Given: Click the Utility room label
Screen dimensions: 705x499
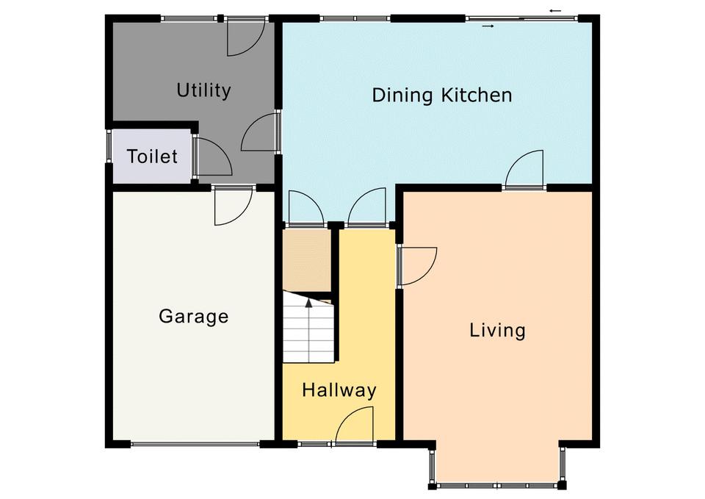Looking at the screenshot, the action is [x=203, y=90].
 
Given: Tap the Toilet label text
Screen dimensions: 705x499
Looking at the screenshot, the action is [x=152, y=157].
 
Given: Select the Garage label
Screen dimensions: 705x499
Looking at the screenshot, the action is [x=194, y=316].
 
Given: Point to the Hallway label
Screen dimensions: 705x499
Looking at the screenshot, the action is [x=339, y=389].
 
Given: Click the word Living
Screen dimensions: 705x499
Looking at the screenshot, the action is [x=498, y=330].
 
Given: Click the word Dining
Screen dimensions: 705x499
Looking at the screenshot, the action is [x=402, y=96].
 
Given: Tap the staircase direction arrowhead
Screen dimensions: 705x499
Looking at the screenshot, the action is [x=309, y=302].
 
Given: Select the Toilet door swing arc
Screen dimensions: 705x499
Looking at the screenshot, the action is [x=214, y=156].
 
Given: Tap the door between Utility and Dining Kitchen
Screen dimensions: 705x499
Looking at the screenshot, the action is [x=260, y=132].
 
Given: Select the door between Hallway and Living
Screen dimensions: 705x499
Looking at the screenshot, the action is [x=418, y=266].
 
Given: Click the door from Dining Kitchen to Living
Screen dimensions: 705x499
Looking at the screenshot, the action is [x=524, y=169].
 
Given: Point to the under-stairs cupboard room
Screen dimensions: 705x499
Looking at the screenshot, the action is [x=307, y=261].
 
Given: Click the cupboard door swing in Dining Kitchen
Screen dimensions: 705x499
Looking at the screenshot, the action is [x=305, y=207].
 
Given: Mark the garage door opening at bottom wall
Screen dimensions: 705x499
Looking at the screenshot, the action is [x=195, y=445].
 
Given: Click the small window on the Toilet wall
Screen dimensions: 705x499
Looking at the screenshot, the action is [x=109, y=146].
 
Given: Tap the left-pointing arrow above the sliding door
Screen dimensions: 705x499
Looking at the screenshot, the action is [x=555, y=10].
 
